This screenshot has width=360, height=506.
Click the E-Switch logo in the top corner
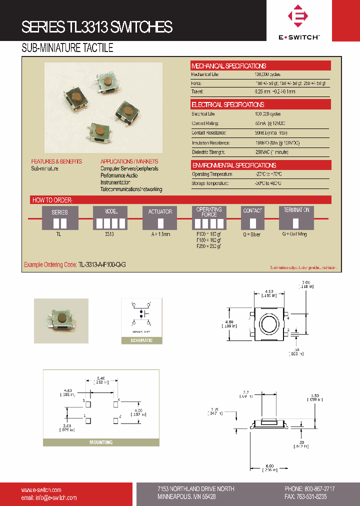point(299,20)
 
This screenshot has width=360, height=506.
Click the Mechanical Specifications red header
point(260,65)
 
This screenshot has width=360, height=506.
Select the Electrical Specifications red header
point(260,104)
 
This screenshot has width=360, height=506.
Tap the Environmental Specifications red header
point(260,165)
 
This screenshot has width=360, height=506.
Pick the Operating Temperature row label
point(212,174)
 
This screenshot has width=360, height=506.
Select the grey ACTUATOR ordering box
point(160,218)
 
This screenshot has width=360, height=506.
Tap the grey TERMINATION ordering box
point(296,218)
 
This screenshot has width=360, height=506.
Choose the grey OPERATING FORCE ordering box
point(209,218)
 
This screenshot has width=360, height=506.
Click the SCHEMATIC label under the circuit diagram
point(141,340)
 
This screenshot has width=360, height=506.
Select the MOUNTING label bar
point(101,442)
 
